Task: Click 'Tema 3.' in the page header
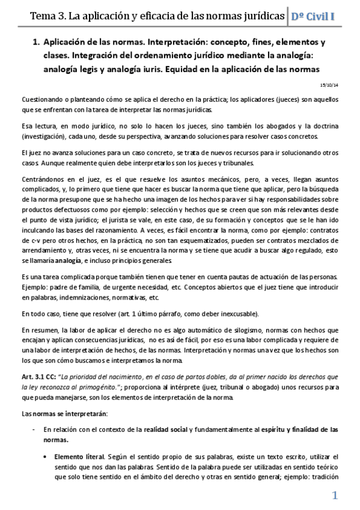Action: click(48, 15)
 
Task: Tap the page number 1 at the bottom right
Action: click(335, 496)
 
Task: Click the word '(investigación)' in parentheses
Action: click(41, 137)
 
